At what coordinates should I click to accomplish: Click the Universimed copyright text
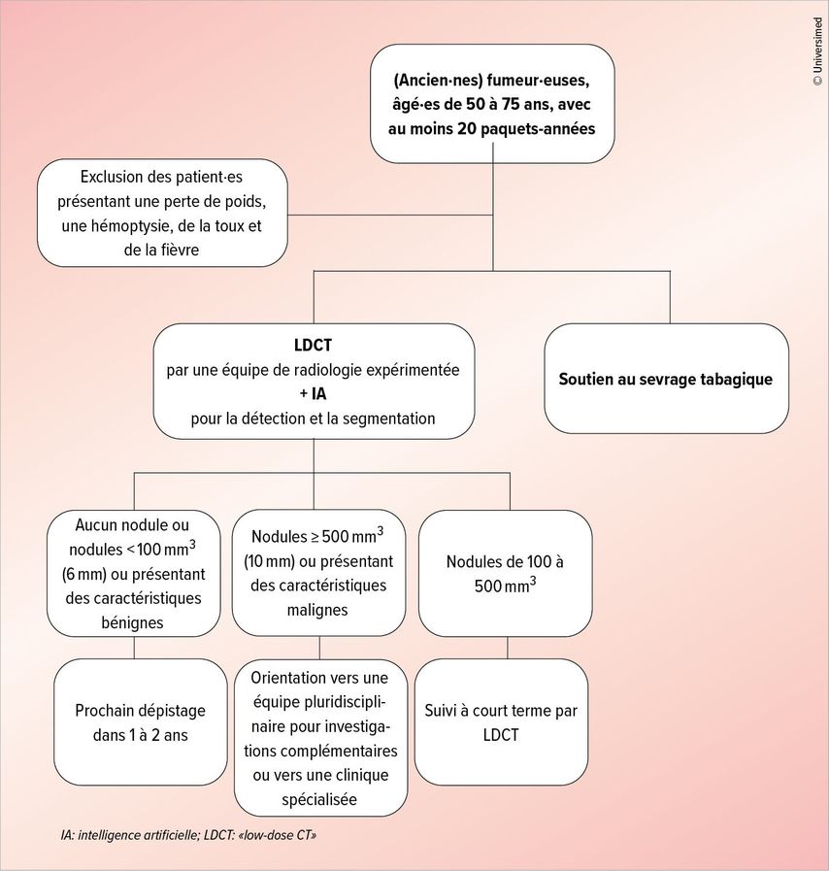[x=817, y=51]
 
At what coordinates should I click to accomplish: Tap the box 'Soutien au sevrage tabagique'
[x=666, y=379]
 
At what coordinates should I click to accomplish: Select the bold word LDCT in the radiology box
[x=313, y=346]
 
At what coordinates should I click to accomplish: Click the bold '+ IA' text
[x=314, y=394]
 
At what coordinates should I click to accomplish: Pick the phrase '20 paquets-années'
[x=526, y=129]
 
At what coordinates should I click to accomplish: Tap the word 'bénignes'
[x=132, y=622]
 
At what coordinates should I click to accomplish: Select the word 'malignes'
[x=317, y=610]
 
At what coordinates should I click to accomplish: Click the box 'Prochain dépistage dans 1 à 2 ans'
[x=141, y=722]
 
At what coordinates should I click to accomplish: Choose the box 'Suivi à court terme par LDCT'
[x=502, y=722]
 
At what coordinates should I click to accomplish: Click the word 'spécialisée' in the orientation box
[x=319, y=800]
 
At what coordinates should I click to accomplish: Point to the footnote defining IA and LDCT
[x=188, y=835]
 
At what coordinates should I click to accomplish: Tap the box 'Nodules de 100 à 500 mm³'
[x=506, y=573]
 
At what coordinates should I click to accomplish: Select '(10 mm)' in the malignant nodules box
[x=269, y=561]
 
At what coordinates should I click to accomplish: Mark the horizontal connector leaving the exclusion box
[x=390, y=215]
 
